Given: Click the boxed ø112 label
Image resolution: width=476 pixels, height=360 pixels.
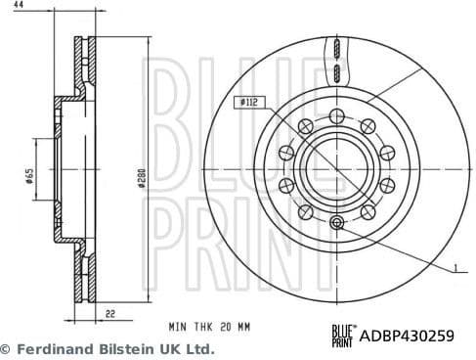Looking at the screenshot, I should [247, 101].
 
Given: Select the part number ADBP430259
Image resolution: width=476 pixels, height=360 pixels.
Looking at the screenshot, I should [408, 336].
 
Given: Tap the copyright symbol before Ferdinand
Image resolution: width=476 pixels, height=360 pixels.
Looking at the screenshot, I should [7, 348].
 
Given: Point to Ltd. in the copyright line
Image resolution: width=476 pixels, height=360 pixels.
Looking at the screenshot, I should [197, 348].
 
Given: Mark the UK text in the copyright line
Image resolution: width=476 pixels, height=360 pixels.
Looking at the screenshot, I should [166, 348].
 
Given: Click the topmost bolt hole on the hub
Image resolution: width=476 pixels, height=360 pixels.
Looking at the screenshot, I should [335, 115].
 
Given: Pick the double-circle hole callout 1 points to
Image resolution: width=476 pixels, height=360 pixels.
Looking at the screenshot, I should [335, 224].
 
